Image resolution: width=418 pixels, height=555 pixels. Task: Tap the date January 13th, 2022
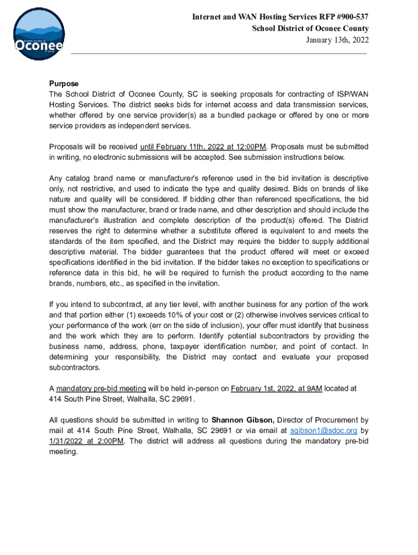[338, 40]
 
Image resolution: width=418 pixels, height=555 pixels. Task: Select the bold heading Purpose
[64, 83]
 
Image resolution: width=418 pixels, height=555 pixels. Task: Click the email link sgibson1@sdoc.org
[324, 430]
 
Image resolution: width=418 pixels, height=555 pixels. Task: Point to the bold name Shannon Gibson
[243, 420]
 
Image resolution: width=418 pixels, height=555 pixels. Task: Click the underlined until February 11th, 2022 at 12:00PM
[203, 147]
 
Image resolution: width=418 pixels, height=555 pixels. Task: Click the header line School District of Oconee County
[310, 29]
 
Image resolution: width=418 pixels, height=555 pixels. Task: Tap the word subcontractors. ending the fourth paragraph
[74, 367]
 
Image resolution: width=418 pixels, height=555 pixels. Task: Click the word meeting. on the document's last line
[64, 451]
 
